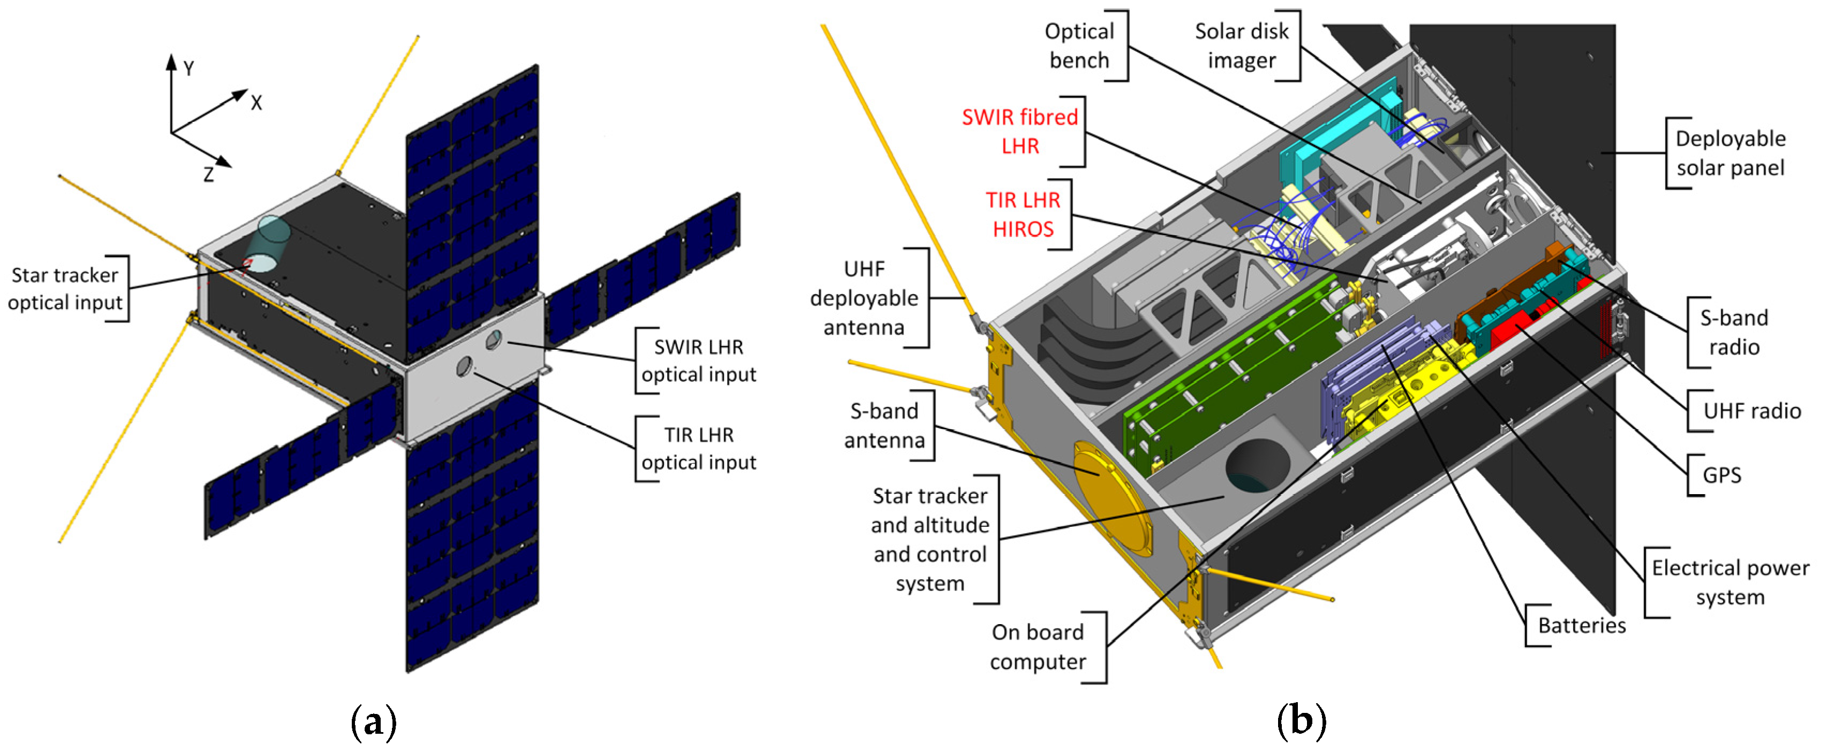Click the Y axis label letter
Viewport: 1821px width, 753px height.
point(189,68)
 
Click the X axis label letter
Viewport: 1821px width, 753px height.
point(256,103)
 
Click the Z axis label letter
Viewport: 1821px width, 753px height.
point(208,174)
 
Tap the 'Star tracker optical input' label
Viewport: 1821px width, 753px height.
point(64,288)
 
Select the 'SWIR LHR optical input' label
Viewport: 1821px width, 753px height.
point(698,360)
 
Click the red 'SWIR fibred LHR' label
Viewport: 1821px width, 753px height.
point(1019,132)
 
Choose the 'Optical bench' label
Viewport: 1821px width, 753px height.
point(1079,46)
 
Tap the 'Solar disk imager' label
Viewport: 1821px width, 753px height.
point(1241,46)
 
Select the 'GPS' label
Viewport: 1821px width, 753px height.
point(1721,475)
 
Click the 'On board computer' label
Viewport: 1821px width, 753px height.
point(1037,647)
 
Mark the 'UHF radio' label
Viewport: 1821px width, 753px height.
point(1752,410)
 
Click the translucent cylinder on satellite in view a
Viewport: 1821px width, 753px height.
point(269,244)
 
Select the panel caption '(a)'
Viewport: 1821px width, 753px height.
point(373,722)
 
